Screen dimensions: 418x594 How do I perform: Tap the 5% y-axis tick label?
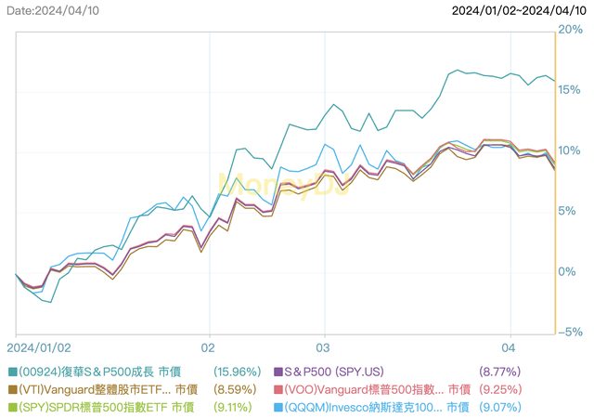click(571, 211)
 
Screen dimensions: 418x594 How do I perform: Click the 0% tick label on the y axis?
click(571, 271)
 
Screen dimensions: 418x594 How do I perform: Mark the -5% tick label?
click(569, 332)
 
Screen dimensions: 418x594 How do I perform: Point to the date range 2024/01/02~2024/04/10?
click(520, 10)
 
